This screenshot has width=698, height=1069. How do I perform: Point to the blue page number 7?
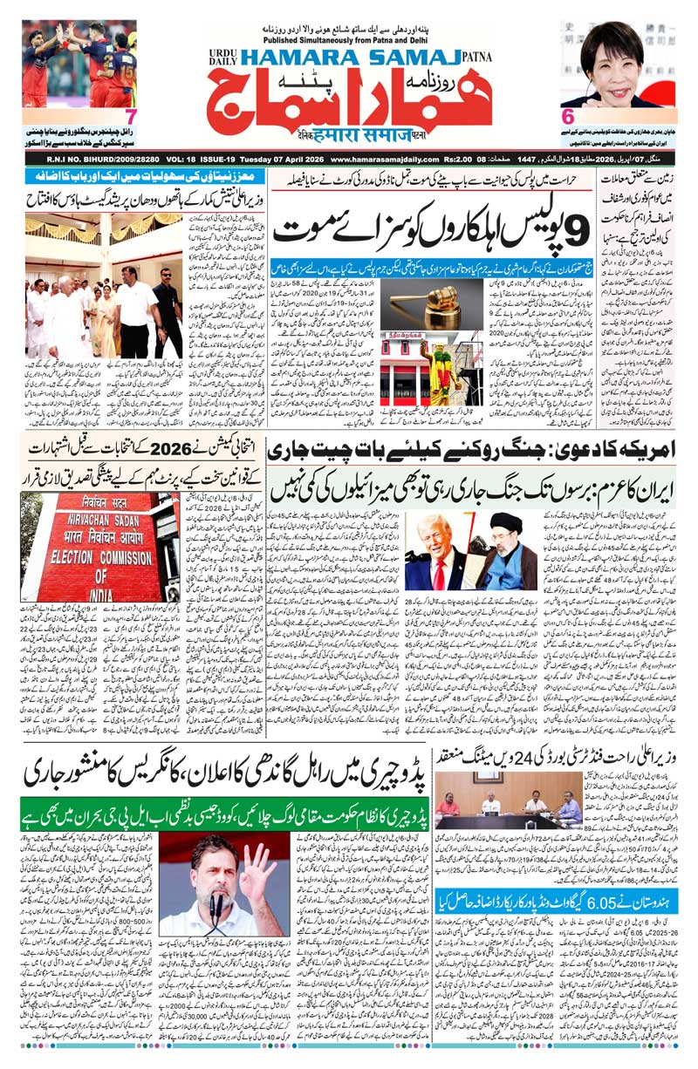point(131,116)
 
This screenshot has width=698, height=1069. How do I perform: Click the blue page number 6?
point(566,116)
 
